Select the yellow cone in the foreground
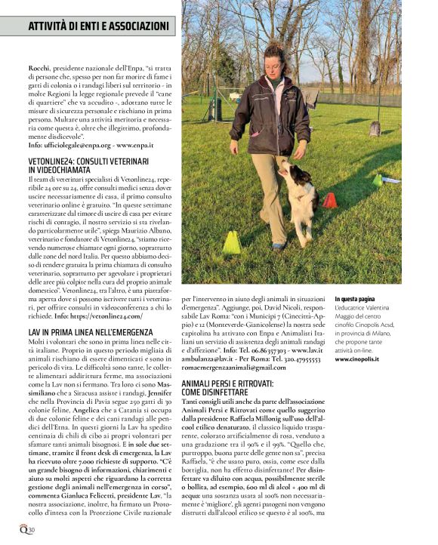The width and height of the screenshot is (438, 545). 231,242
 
